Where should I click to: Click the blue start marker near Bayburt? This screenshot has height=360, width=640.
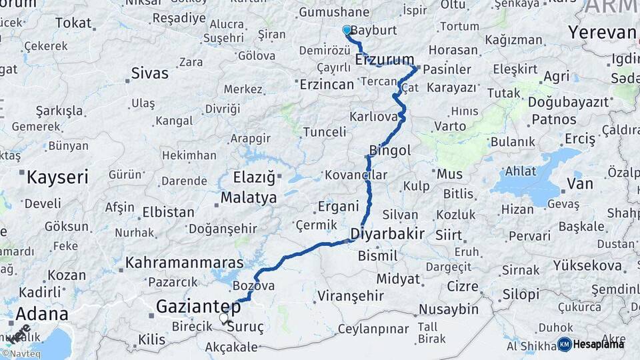(x=347, y=30)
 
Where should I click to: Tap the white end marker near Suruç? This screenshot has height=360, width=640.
(x=224, y=318)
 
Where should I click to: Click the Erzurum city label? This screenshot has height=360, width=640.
(x=385, y=60)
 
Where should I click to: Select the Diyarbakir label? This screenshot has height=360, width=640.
(x=387, y=235)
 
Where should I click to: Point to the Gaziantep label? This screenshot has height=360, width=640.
(x=198, y=307)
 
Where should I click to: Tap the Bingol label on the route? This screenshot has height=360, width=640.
(x=390, y=151)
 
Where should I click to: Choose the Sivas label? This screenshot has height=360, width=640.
(x=149, y=73)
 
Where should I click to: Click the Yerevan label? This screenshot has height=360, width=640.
(x=602, y=33)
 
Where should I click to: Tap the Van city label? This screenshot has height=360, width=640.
(x=579, y=183)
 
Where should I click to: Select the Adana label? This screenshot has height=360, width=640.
(x=41, y=314)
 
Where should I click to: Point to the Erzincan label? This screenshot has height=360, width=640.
(x=327, y=84)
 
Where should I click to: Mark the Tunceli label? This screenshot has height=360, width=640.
(x=325, y=132)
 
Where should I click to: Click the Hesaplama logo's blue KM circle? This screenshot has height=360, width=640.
(x=564, y=344)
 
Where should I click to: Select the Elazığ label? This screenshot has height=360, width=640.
(x=253, y=178)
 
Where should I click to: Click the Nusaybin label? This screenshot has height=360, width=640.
(x=449, y=309)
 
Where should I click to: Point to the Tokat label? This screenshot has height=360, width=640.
(x=73, y=23)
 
